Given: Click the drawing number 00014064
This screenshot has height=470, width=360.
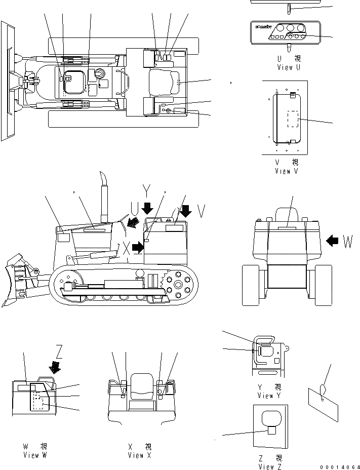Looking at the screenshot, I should [339, 466].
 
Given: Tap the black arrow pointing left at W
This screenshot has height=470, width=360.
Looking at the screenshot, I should [332, 242].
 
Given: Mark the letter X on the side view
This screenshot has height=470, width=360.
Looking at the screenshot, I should [126, 248].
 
